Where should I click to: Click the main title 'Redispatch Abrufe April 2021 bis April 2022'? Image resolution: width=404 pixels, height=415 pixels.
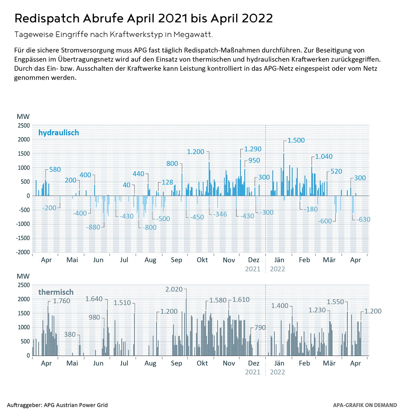(x=143, y=19)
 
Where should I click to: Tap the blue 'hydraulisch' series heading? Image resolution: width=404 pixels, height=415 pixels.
(x=59, y=133)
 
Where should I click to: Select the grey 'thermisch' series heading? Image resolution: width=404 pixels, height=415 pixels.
(x=56, y=292)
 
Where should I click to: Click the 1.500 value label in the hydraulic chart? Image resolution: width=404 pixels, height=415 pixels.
(x=296, y=140)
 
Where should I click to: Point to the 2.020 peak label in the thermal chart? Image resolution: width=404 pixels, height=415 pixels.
(x=174, y=289)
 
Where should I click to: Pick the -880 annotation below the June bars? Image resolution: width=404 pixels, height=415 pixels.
(x=93, y=227)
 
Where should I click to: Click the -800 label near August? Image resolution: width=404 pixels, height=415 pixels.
(x=149, y=228)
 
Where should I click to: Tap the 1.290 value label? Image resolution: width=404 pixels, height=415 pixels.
(x=252, y=149)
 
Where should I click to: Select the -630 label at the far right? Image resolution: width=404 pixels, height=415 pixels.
(x=363, y=220)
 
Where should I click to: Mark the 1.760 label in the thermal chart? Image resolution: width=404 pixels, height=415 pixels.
(x=62, y=301)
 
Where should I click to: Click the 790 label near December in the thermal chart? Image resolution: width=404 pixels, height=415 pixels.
(x=260, y=328)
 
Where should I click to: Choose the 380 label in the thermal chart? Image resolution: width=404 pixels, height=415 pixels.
(x=70, y=335)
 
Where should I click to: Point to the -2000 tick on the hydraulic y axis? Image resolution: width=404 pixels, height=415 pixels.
(x=23, y=252)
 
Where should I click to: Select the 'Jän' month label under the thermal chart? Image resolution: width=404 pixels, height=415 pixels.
(x=279, y=363)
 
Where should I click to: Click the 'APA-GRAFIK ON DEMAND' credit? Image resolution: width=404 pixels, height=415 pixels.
(x=365, y=405)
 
